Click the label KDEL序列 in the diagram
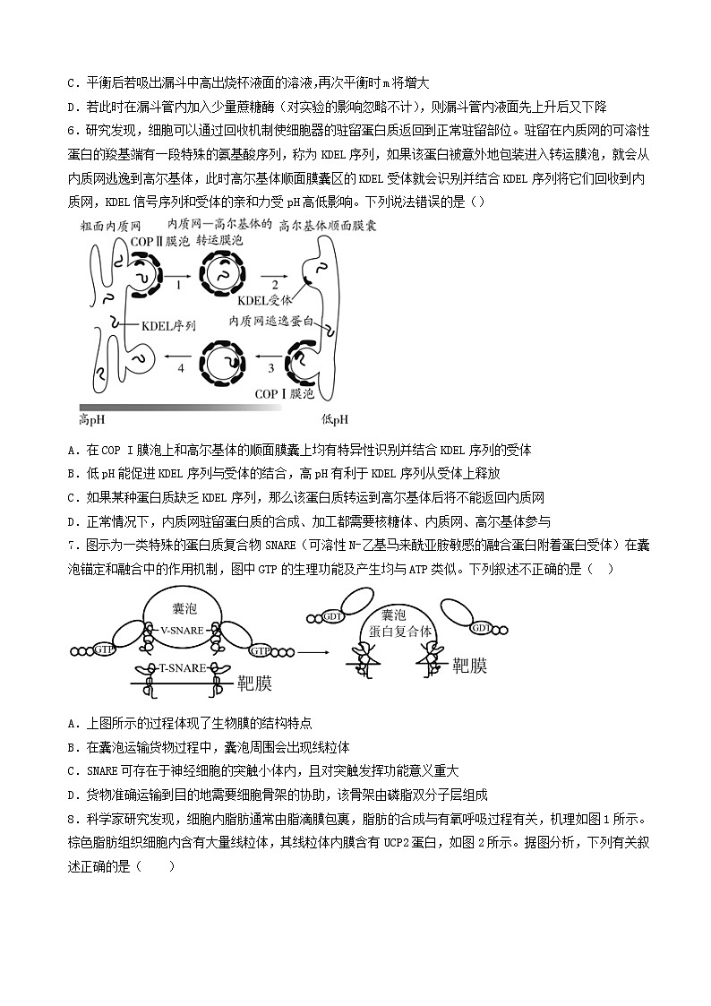[x=168, y=326]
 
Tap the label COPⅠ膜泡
[x=285, y=393]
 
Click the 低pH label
[x=333, y=419]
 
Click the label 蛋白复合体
[x=399, y=632]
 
